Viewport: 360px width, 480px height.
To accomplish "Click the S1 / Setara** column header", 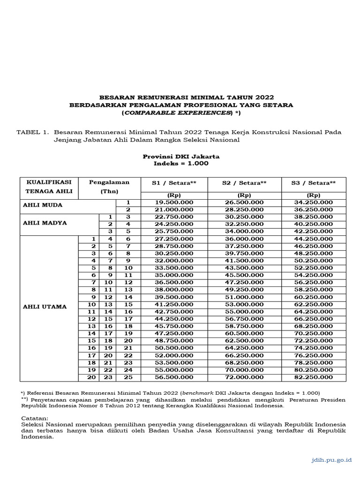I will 173,183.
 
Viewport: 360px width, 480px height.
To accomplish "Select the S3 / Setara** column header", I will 314,183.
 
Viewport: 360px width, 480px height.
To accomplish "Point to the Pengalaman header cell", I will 109,182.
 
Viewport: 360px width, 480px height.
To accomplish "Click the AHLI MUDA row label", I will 42,205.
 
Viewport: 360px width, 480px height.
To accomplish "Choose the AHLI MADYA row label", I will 45,223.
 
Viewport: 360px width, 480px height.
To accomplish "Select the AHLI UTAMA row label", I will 45,307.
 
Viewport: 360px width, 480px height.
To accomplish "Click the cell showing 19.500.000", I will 173,202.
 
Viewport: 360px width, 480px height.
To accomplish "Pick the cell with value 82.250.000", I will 314,377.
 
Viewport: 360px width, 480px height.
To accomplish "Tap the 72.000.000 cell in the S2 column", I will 244,377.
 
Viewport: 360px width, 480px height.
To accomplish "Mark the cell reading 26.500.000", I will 244,202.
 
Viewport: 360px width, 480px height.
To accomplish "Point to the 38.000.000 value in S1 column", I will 173,290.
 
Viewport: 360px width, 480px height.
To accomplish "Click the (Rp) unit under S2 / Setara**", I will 244,195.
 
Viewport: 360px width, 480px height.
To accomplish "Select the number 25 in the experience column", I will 128,377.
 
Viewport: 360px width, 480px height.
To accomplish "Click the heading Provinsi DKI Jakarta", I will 181,156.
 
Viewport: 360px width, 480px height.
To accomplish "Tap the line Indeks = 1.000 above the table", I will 181,163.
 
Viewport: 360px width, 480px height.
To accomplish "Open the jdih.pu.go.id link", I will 331,460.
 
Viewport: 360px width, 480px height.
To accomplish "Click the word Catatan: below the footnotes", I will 35,418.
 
